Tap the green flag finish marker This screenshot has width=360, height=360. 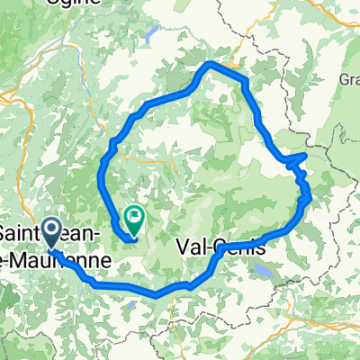[x=135, y=216]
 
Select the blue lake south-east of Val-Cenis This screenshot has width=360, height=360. [x=263, y=268]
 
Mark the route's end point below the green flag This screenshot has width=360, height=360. [x=132, y=238]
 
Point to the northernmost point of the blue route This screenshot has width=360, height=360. [x=210, y=63]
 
